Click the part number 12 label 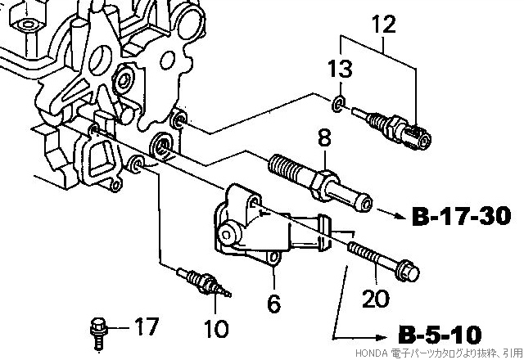pyautogui.click(x=384, y=24)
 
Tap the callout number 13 pyautogui.click(x=340, y=69)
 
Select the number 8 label pyautogui.click(x=324, y=137)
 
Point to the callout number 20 pyautogui.click(x=376, y=298)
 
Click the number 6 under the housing pyautogui.click(x=274, y=303)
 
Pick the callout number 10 pyautogui.click(x=216, y=328)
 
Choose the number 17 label pyautogui.click(x=147, y=326)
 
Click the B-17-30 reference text pyautogui.click(x=462, y=216)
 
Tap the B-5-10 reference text pyautogui.click(x=440, y=334)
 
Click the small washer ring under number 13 pyautogui.click(x=338, y=104)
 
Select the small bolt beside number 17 pyautogui.click(x=98, y=333)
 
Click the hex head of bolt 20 pyautogui.click(x=407, y=270)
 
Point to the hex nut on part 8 pyautogui.click(x=323, y=185)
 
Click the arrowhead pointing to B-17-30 pyautogui.click(x=400, y=215)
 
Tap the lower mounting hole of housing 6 pyautogui.click(x=274, y=257)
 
